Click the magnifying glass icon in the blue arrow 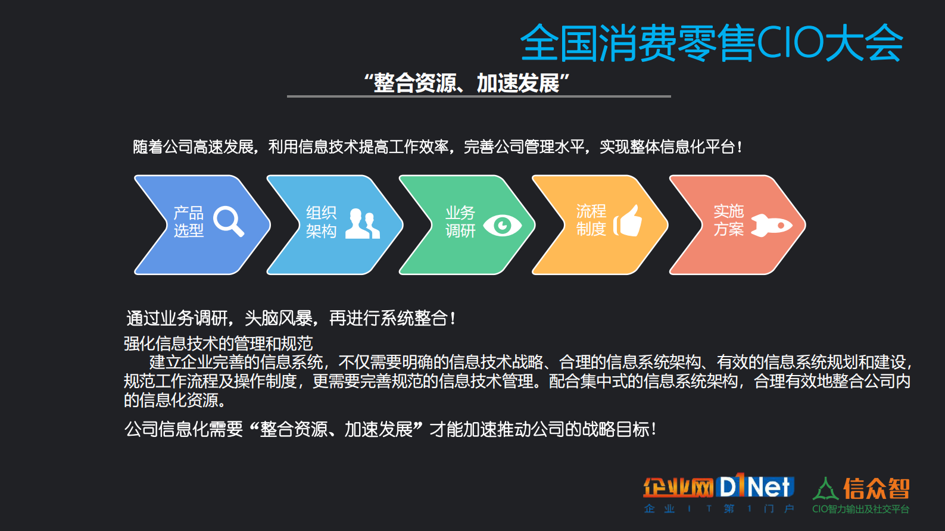click(228, 221)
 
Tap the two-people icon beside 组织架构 click(362, 224)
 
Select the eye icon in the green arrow click(502, 225)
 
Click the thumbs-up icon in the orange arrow click(628, 221)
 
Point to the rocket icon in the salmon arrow click(771, 225)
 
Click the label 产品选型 click(188, 221)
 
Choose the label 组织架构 click(321, 222)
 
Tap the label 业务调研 click(460, 222)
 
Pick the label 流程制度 click(591, 220)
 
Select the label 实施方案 click(728, 220)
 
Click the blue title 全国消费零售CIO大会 click(712, 43)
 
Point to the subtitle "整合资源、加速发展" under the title click(467, 83)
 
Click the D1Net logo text click(755, 486)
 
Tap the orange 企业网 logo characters click(678, 488)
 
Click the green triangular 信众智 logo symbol click(825, 489)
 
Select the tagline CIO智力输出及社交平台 click(860, 509)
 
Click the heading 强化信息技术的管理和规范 click(218, 343)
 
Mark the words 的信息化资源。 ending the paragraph click(175, 400)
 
